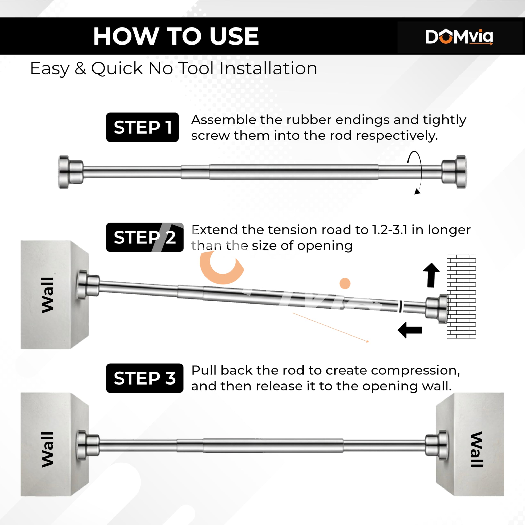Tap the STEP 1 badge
pyautogui.click(x=142, y=127)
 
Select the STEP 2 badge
pyautogui.click(x=145, y=237)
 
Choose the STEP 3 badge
pyautogui.click(x=145, y=378)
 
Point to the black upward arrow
pyautogui.click(x=431, y=275)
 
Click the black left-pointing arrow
pyautogui.click(x=410, y=330)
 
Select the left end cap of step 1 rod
pyautogui.click(x=71, y=172)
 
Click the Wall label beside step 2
pyautogui.click(x=47, y=295)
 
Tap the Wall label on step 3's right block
pyautogui.click(x=477, y=449)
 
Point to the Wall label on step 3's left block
pyautogui.click(x=47, y=450)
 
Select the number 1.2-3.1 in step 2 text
pyautogui.click(x=390, y=230)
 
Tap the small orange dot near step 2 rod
pyautogui.click(x=345, y=283)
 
